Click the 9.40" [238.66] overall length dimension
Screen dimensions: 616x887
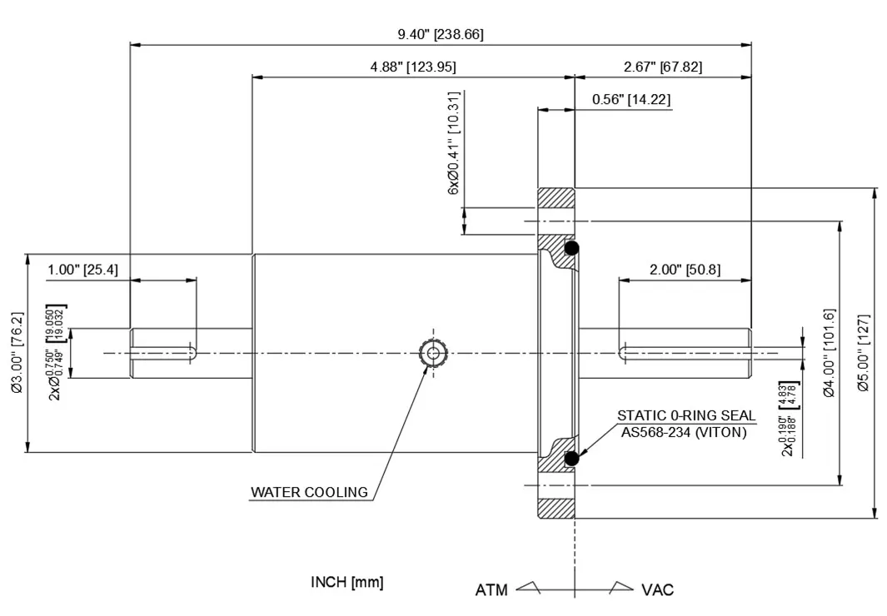[x=441, y=34]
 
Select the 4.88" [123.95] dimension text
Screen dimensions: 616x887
[x=413, y=67]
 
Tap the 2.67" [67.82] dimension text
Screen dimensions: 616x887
[x=662, y=67]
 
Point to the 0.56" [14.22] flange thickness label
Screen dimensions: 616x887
[x=630, y=100]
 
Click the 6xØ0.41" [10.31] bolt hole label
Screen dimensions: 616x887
[x=454, y=143]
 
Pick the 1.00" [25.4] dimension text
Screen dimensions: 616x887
[x=82, y=269]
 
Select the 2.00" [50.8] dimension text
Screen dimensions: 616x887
[x=685, y=269]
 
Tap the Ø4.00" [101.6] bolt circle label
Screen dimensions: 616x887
[x=828, y=352]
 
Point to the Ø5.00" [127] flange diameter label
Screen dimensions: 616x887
[x=863, y=352]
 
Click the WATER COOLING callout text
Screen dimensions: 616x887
[x=309, y=492]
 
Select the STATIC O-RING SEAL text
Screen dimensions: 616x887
[x=686, y=415]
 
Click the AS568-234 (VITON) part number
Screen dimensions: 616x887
[x=684, y=431]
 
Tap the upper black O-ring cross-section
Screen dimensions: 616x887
[x=571, y=248]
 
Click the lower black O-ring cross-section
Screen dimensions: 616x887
[x=571, y=458]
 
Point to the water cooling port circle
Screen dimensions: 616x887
[x=432, y=353]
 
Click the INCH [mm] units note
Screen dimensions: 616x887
[x=347, y=582]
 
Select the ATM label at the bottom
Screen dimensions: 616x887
[x=491, y=590]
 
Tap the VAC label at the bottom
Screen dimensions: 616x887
[x=657, y=590]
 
